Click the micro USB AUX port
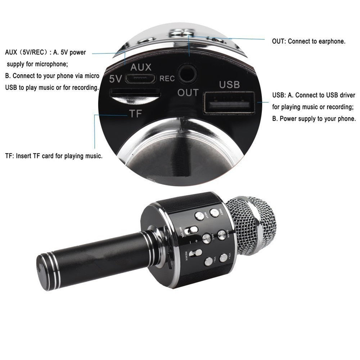tap(143, 78)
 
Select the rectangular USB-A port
tap(229, 103)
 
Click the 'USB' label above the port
tap(229, 85)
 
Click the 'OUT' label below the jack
tap(188, 93)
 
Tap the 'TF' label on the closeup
tap(135, 114)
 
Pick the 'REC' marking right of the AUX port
tap(167, 78)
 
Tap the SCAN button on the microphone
tap(222, 235)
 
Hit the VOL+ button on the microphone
tap(224, 257)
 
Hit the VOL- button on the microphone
tap(208, 261)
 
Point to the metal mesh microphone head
tap(252, 223)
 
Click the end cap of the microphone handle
tap(42, 272)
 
